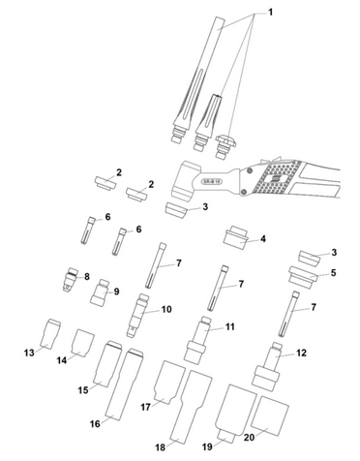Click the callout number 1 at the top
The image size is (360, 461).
coord(270,13)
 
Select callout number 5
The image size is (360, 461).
coord(333,273)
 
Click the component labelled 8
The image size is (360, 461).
coord(71,279)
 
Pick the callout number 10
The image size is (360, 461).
coord(166,309)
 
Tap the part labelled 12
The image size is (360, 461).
coord(268,367)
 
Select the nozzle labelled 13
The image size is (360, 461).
coord(51,334)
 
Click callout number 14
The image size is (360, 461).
coord(62,360)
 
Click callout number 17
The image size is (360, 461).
coord(145,407)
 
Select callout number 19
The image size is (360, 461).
coord(207,446)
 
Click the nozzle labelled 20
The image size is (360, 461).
coord(270,416)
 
